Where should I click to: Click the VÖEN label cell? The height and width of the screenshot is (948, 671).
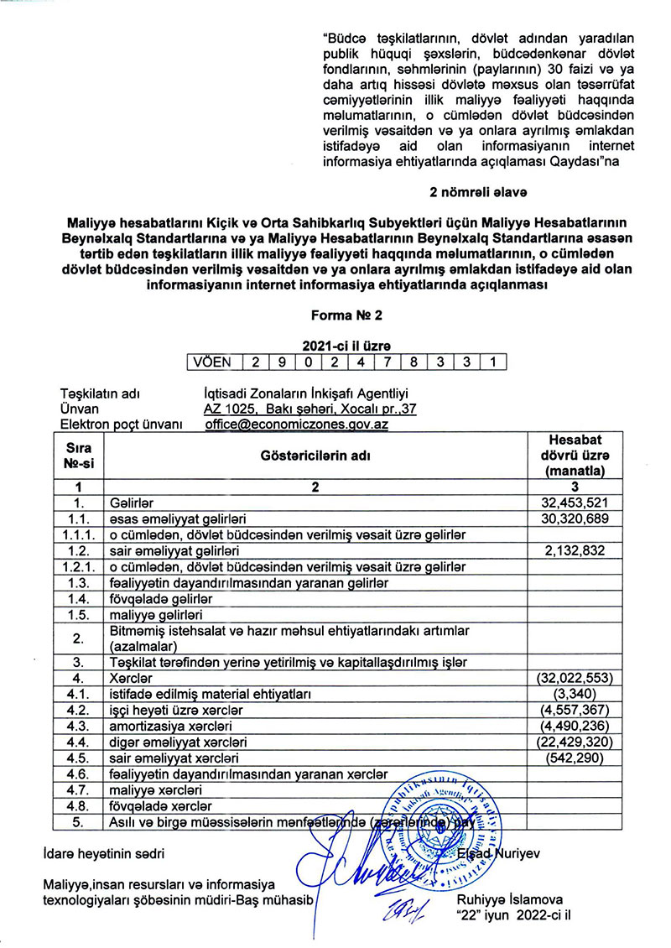pyautogui.click(x=213, y=362)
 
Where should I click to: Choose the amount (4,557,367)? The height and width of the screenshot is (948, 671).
pyautogui.click(x=573, y=709)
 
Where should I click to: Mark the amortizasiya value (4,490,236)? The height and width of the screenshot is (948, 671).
pyautogui.click(x=573, y=725)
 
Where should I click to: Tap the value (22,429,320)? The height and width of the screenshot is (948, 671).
pyautogui.click(x=570, y=742)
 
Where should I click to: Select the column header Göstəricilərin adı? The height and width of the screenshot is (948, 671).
pyautogui.click(x=318, y=455)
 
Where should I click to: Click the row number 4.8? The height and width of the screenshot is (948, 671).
pyautogui.click(x=77, y=806)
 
